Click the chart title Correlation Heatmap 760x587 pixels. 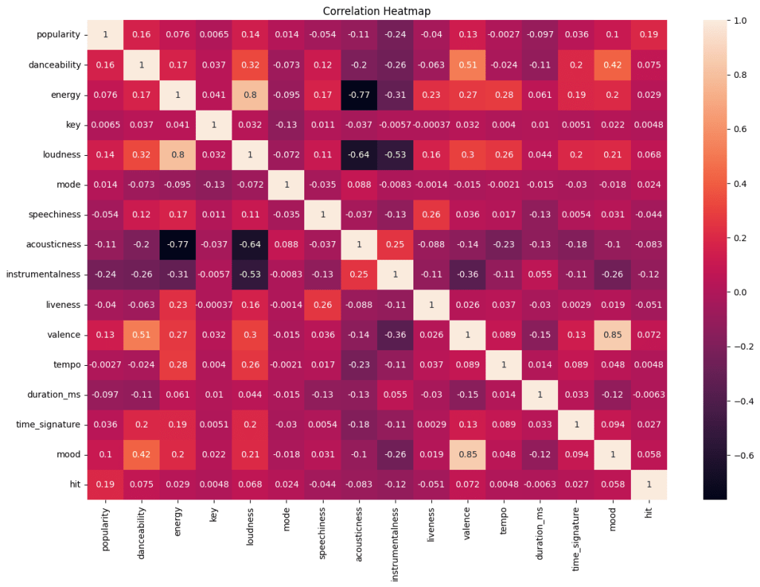376,11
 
